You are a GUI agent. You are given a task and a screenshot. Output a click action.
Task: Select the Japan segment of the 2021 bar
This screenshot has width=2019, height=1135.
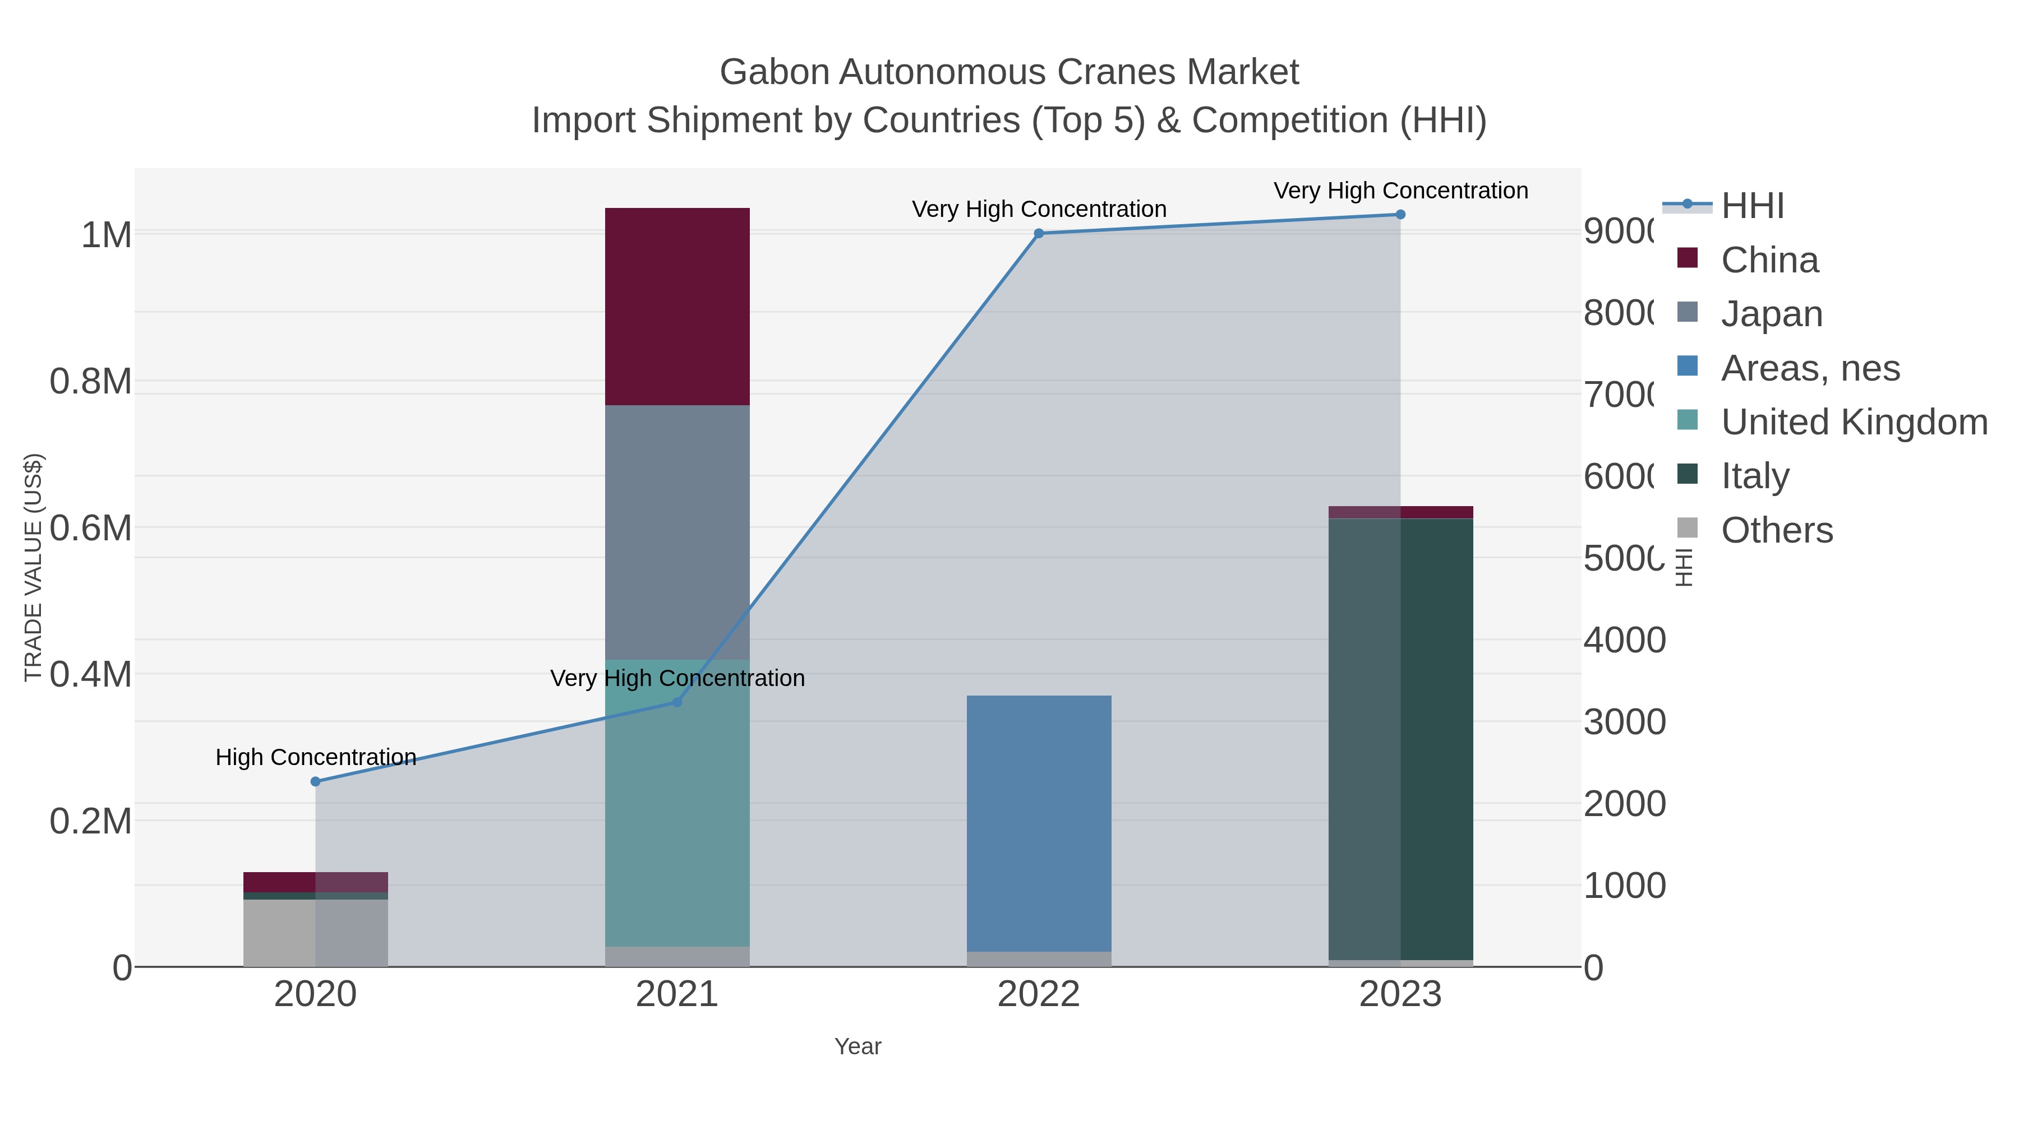tap(677, 532)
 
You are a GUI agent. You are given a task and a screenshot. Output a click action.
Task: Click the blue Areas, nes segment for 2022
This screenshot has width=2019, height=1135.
tap(1039, 822)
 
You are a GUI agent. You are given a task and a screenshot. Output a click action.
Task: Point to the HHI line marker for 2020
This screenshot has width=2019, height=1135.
tap(316, 781)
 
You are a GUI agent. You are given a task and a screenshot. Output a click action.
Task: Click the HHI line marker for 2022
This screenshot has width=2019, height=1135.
tap(1039, 233)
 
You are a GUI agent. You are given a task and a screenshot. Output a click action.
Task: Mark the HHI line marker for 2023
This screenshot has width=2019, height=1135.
tap(1400, 215)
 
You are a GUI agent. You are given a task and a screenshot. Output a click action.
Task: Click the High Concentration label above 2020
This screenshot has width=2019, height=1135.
tap(316, 757)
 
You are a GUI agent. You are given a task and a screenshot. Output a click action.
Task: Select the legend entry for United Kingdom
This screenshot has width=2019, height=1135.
tap(1854, 422)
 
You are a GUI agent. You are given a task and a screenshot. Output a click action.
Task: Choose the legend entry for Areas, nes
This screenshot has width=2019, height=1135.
tap(1810, 368)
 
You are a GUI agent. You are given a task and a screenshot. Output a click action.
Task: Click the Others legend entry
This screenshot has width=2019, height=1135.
tap(1777, 530)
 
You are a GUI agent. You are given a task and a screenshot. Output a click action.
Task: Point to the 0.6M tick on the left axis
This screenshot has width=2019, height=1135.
tap(91, 528)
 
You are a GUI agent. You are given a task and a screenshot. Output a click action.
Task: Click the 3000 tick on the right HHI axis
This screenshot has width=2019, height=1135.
tap(1624, 722)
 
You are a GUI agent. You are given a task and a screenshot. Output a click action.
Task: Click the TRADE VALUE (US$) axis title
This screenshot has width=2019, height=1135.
tap(33, 567)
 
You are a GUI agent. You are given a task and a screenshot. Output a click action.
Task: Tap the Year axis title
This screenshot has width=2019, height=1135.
tap(858, 1046)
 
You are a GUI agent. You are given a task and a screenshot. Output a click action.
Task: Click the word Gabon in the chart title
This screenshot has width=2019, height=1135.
tap(775, 72)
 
